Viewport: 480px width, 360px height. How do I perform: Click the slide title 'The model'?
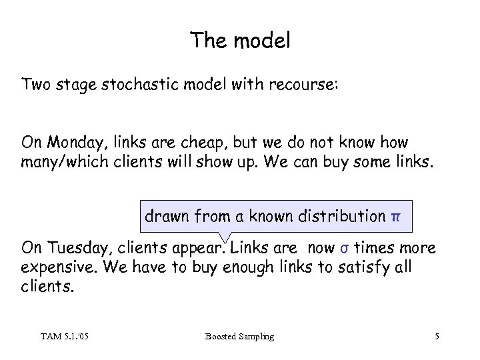pos(240,41)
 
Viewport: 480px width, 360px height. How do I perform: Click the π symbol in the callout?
pos(396,217)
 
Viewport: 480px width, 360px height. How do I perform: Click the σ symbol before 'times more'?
pos(343,249)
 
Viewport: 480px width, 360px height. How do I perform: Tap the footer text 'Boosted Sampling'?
pos(239,337)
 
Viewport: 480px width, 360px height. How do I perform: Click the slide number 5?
pos(436,337)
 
